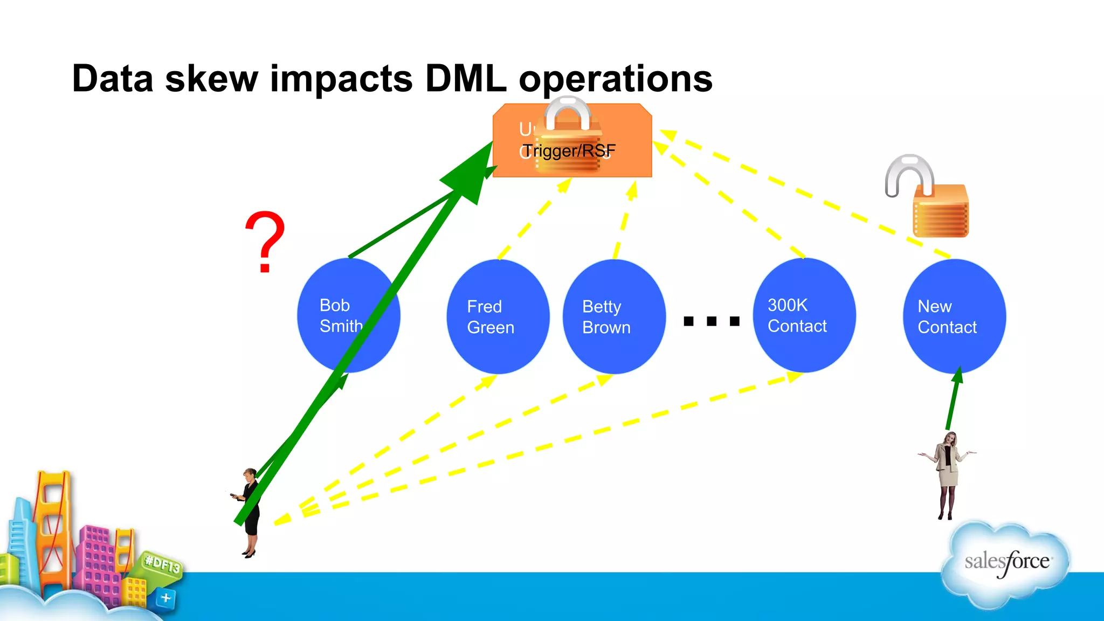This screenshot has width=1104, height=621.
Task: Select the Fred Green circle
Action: tap(498, 317)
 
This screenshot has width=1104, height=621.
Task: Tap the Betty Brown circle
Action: tap(614, 317)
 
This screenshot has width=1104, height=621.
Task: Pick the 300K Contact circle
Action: tap(804, 316)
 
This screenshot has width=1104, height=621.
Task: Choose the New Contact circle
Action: tap(954, 317)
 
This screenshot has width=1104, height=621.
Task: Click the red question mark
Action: tap(265, 241)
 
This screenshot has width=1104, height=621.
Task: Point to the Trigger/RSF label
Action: tap(569, 151)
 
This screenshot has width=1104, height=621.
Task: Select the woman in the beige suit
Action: tap(947, 474)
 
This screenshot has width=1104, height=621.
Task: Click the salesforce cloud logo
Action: tap(1006, 563)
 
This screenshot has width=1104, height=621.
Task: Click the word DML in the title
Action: tap(466, 79)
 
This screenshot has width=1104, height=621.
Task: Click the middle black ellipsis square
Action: tap(712, 321)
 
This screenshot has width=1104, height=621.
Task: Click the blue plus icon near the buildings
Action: tap(165, 598)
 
